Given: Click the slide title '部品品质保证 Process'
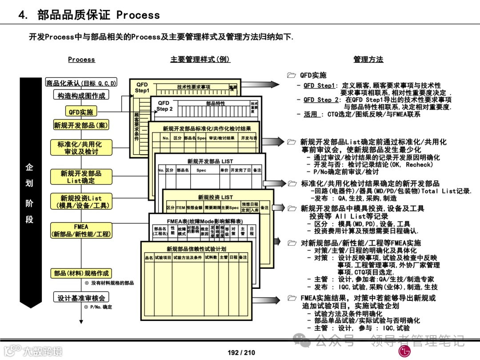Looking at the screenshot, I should [98, 15].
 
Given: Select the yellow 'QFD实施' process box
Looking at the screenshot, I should [81, 112].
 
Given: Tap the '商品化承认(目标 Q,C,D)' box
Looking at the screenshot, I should [81, 83].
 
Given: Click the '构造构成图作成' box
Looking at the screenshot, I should [81, 96].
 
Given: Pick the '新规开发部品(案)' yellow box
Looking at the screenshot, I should [81, 125].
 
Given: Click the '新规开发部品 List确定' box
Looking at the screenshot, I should [81, 177].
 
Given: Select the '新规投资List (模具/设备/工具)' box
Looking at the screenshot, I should [81, 202].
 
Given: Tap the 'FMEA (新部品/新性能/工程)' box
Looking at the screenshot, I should [81, 230].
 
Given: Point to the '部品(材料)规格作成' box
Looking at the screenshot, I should [81, 273].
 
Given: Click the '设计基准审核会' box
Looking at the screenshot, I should [81, 298].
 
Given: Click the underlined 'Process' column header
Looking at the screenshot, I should [81, 60].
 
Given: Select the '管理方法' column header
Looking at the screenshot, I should [368, 60].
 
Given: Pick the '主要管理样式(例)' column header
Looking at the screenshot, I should [200, 60].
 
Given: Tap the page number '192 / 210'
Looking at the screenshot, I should [241, 352].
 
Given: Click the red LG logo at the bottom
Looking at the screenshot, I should [405, 351].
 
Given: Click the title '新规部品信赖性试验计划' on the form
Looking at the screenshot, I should [196, 249].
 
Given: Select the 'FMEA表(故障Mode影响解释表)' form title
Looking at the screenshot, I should [204, 221].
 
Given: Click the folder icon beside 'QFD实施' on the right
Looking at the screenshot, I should [292, 76].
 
